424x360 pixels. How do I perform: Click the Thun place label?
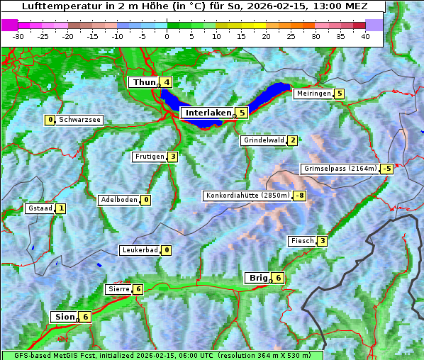pyautogui.click(x=144, y=82)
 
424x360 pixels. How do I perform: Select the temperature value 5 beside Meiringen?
pyautogui.click(x=340, y=94)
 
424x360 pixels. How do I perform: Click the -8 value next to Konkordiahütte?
pyautogui.click(x=300, y=196)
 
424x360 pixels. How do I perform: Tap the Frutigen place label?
pyautogui.click(x=149, y=157)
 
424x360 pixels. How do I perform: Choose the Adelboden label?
pyautogui.click(x=118, y=200)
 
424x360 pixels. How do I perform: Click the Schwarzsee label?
pyautogui.click(x=80, y=120)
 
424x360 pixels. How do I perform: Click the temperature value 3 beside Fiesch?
pyautogui.click(x=322, y=241)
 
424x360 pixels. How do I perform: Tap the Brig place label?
pyautogui.click(x=257, y=278)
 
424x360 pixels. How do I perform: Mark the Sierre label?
pyautogui.click(x=118, y=289)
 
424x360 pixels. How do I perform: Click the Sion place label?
pyautogui.click(x=64, y=317)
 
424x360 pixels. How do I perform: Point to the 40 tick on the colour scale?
pyautogui.click(x=365, y=36)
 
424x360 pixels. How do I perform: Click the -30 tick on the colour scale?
pyautogui.click(x=18, y=36)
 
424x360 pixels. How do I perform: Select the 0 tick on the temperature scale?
pyautogui.click(x=167, y=36)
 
